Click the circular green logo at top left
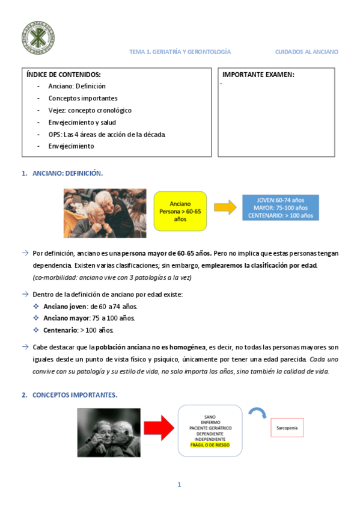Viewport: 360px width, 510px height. coord(37,36)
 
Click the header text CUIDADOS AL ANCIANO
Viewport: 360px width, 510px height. coord(307,52)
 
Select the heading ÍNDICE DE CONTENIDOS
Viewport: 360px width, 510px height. coord(64,75)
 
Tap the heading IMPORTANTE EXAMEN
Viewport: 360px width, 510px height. coord(258,75)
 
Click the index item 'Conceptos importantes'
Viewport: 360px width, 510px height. coord(83,98)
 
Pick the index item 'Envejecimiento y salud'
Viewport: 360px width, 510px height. coord(82,122)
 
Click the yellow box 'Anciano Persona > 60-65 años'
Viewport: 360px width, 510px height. coord(180,211)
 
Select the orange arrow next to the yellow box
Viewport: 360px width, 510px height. coord(225,207)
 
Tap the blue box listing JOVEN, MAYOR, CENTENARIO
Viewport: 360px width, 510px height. coord(280,207)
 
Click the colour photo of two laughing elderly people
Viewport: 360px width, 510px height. coord(105,213)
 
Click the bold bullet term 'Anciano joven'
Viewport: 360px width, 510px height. coord(69,306)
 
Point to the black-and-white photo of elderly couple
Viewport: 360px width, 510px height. coord(108,432)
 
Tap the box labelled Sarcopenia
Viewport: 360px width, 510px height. coord(287,428)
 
